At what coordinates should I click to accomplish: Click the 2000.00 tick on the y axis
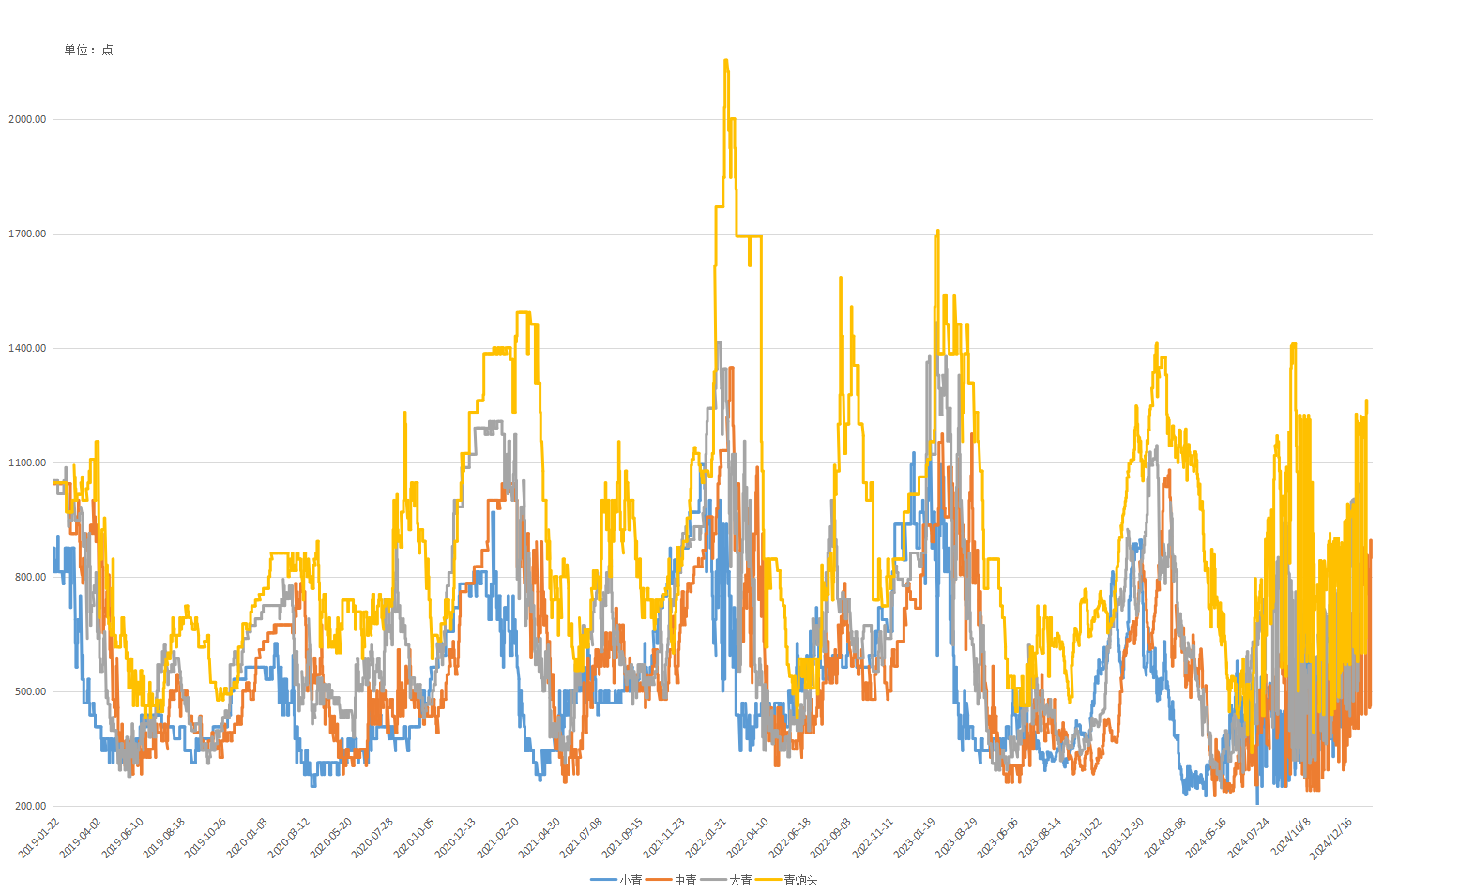pyautogui.click(x=27, y=119)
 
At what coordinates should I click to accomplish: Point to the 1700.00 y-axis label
pyautogui.click(x=27, y=234)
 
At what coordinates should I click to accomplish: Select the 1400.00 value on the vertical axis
pyautogui.click(x=27, y=348)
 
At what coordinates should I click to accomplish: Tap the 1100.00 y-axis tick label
pyautogui.click(x=27, y=462)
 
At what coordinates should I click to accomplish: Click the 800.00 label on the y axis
pyautogui.click(x=30, y=577)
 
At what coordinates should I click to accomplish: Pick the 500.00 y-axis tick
pyautogui.click(x=30, y=691)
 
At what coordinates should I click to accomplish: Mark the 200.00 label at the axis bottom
pyautogui.click(x=30, y=806)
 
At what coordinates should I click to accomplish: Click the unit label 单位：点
pyautogui.click(x=88, y=50)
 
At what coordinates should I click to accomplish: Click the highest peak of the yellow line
pyautogui.click(x=726, y=61)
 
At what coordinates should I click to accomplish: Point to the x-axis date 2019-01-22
pyautogui.click(x=40, y=837)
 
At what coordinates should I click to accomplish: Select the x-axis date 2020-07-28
pyautogui.click(x=373, y=837)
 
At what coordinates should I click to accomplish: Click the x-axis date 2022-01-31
pyautogui.click(x=707, y=837)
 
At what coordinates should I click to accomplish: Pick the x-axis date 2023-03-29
pyautogui.click(x=957, y=837)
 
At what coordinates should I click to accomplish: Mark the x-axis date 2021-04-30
pyautogui.click(x=540, y=837)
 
